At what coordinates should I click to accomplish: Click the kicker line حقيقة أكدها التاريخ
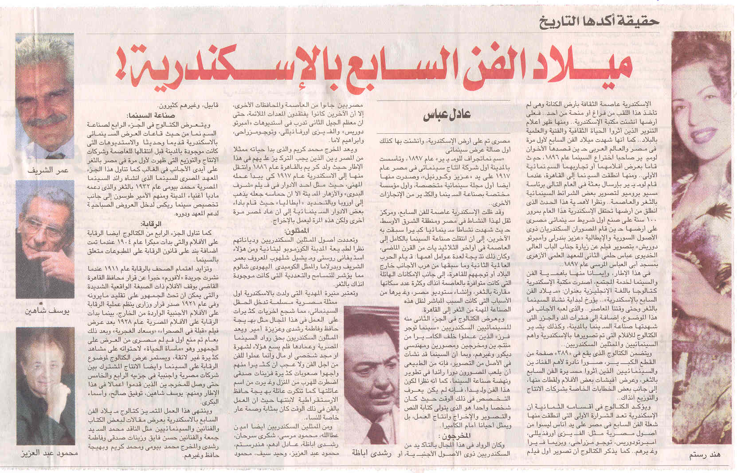599,21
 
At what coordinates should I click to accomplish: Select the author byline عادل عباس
446,114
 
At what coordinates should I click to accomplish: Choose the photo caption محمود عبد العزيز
49,454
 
